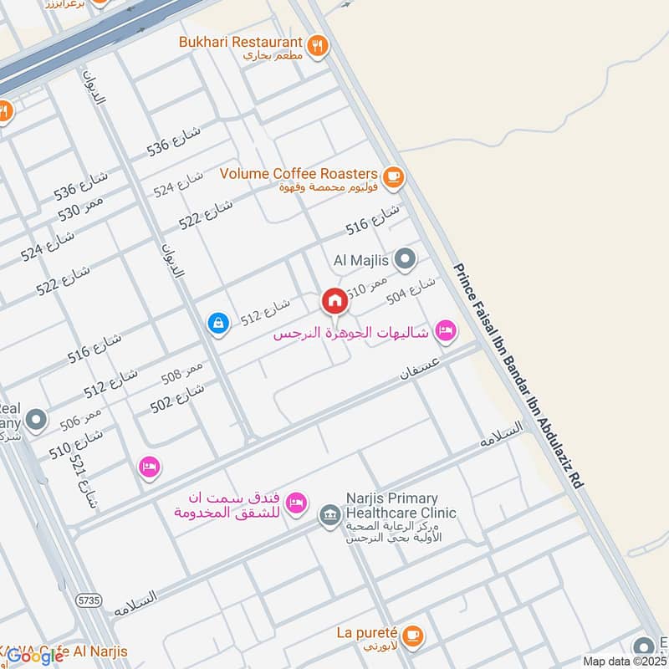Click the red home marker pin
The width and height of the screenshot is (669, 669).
coord(334,301)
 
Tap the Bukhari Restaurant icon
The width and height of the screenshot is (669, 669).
coord(317,46)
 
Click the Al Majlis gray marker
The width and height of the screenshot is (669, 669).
coord(406,259)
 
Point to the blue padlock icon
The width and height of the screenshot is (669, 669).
coord(218,322)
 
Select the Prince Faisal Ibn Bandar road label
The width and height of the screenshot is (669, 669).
coord(518,376)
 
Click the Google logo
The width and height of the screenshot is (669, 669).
coord(36,656)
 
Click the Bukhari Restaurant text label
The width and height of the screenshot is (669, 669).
coord(240,42)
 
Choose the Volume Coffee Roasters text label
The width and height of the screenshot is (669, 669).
coord(299,174)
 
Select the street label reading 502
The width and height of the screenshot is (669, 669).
coord(177,396)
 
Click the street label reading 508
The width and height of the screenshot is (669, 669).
coord(182,373)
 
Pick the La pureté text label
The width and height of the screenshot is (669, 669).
coord(367,633)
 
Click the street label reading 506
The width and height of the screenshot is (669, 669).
coord(80,417)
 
